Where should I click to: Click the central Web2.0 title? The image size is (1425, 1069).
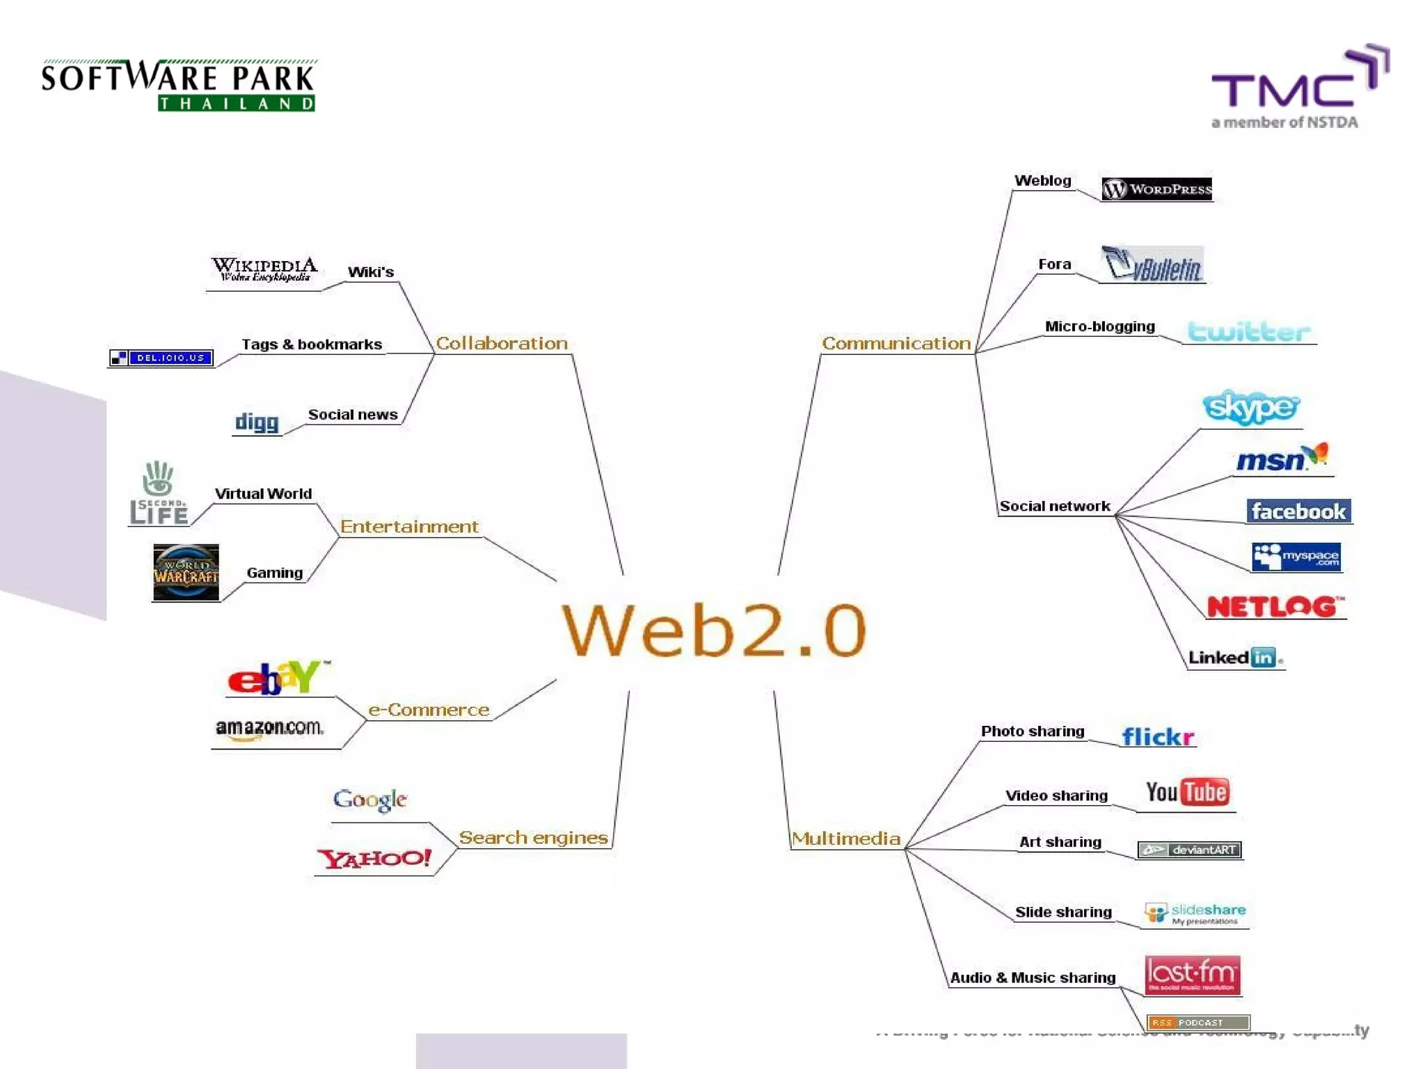point(714,630)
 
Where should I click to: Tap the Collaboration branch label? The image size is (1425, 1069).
point(502,343)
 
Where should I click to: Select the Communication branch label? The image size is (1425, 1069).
point(896,343)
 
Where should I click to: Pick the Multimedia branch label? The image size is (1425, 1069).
point(846,838)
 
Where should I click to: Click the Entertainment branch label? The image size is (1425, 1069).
point(409,527)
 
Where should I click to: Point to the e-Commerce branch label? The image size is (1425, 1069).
point(429,710)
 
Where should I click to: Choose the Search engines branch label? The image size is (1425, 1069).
point(533,837)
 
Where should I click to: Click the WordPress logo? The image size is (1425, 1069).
point(1156,189)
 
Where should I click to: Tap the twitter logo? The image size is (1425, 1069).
point(1249,332)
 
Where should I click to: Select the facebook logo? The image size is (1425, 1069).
point(1298,512)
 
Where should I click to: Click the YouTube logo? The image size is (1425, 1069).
point(1187,792)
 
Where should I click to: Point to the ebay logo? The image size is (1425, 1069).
point(278,677)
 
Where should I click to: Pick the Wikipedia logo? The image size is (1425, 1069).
point(264,269)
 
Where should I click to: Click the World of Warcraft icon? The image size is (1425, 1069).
point(186,572)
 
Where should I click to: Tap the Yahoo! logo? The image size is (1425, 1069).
point(374,858)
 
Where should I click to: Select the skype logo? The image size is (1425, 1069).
point(1250,407)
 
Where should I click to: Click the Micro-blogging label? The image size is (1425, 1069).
point(1099,326)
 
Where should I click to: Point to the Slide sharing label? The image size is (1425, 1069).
point(1063,912)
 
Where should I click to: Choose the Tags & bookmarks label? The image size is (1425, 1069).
point(312,345)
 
